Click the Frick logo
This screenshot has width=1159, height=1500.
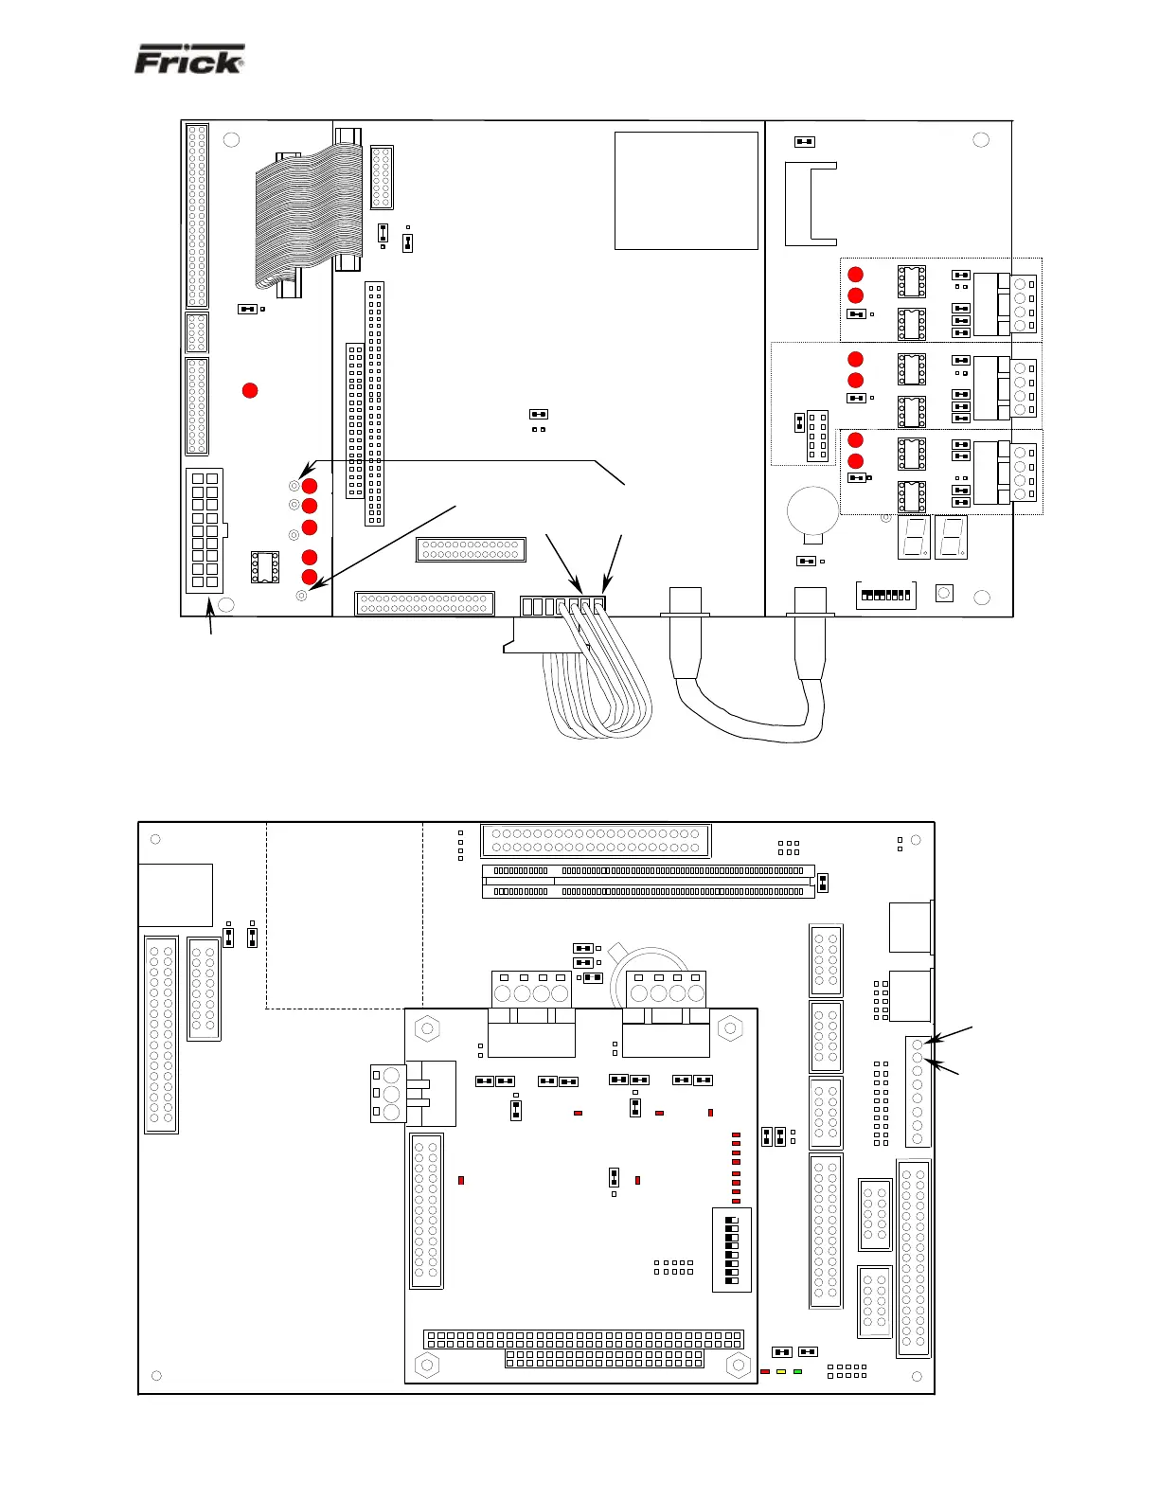(189, 60)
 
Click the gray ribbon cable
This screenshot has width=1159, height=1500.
(309, 219)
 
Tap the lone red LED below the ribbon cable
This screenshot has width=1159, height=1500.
(250, 390)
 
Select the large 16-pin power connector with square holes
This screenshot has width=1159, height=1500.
(205, 530)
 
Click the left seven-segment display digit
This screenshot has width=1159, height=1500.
(914, 537)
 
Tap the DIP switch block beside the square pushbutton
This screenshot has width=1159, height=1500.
(885, 595)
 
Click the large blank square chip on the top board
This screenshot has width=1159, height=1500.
(686, 190)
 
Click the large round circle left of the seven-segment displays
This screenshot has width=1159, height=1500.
(813, 510)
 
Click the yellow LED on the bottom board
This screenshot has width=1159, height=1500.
(781, 1371)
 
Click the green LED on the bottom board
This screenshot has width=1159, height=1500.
(797, 1371)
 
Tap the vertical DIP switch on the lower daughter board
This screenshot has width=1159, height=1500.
(731, 1250)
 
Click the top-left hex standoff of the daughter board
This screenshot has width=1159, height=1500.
(427, 1028)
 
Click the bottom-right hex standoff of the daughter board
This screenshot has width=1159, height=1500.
(738, 1365)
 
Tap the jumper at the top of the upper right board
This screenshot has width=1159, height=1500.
(804, 141)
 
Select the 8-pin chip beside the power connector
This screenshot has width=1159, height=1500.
(265, 566)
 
